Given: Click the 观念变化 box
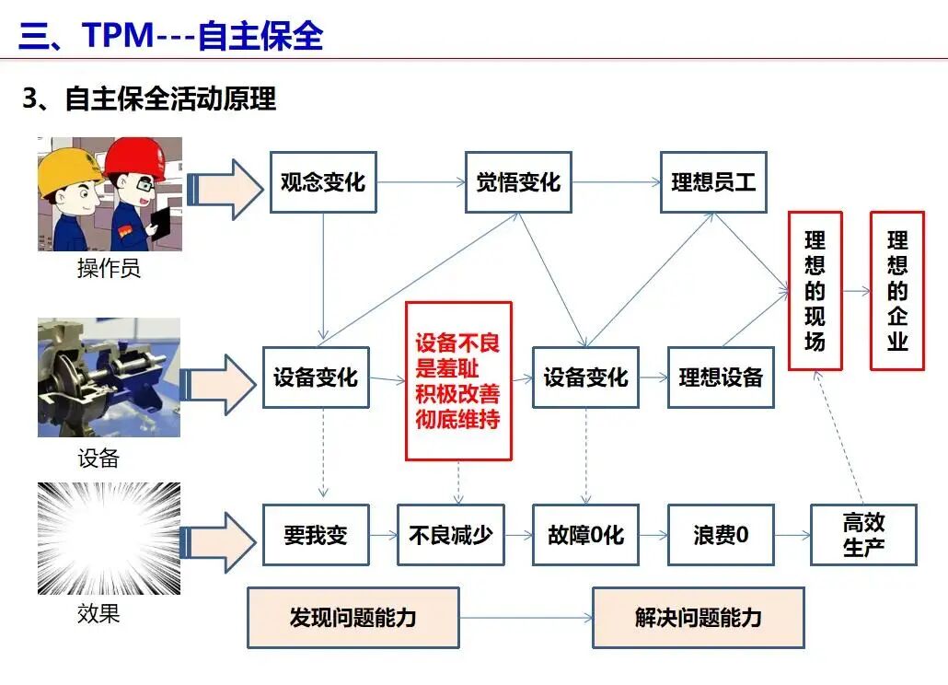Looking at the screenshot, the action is coord(323,182).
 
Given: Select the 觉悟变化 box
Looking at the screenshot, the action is coord(518,182).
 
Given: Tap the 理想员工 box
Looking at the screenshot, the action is coord(713,182).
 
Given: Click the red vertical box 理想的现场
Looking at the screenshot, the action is coord(815,291).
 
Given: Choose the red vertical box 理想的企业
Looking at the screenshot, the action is coord(897,291).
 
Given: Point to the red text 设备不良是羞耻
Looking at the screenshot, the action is coord(457,355).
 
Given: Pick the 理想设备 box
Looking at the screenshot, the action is coord(721,377).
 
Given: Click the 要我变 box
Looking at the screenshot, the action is coord(316,535).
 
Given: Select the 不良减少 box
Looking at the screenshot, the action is coord(450,535).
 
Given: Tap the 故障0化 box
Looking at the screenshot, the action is coord(585,535).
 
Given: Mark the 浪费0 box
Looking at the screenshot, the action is coord(721,535).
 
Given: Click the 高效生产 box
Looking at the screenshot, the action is coord(863,535).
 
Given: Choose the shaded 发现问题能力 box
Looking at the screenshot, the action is coord(353,617).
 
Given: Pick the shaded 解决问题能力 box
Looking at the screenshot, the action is coord(699,617).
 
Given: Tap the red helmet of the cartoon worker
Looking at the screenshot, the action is coord(136,157).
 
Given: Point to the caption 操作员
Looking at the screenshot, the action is coord(109,268).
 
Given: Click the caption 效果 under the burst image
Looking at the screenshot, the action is coord(98,613).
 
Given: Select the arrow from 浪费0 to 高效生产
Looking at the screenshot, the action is coord(792,535).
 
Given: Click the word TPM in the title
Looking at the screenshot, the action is coord(118,34).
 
